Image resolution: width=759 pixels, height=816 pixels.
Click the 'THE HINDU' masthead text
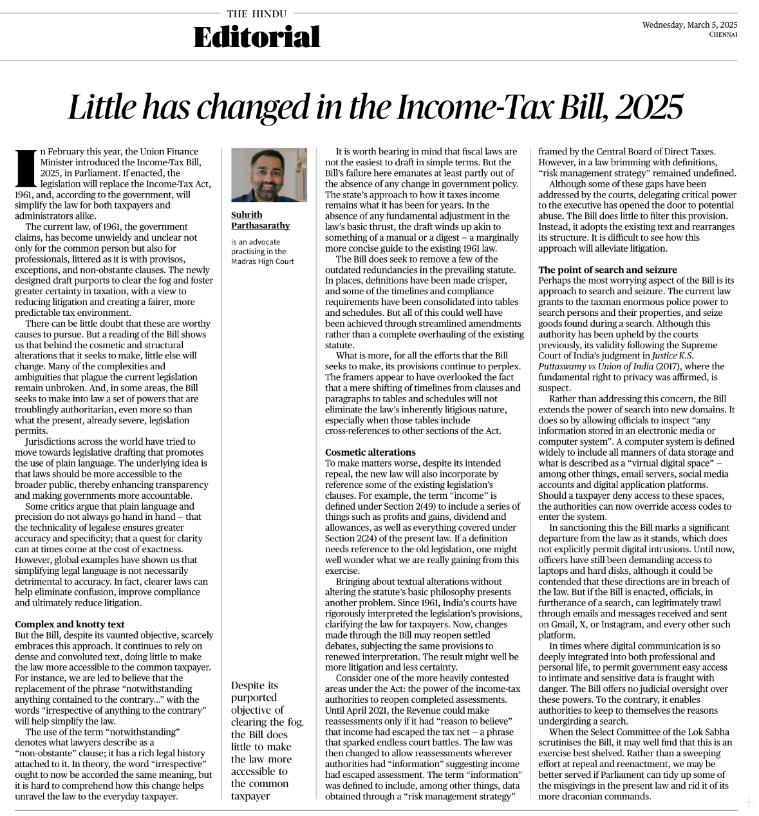coord(257,13)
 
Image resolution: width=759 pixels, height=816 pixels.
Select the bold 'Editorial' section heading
coord(257,37)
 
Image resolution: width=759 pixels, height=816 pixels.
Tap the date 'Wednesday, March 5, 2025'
coord(689,24)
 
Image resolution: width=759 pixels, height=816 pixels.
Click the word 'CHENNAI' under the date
coord(723,34)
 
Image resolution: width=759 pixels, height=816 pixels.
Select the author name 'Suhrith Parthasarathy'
coord(260,220)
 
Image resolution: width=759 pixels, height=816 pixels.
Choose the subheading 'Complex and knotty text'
coord(70,624)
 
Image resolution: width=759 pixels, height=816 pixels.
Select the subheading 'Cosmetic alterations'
coord(370,452)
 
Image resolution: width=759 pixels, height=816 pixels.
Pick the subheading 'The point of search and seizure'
coord(607,270)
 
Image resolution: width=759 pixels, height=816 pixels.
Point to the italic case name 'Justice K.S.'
coord(676,355)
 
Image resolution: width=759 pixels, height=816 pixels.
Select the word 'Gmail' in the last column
coord(565,624)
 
